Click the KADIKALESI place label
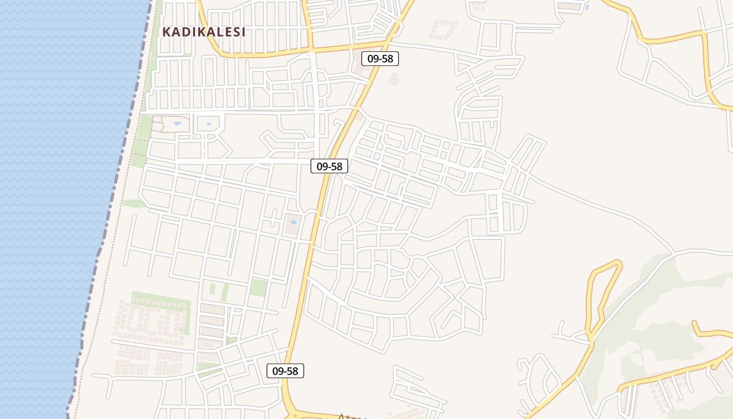point(204,32)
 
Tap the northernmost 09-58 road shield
point(380,59)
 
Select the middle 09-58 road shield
point(329,167)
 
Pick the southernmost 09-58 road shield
point(285,371)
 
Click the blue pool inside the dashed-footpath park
point(177,124)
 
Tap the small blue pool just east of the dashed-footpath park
point(209,124)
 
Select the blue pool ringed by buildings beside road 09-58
point(293,222)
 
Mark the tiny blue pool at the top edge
point(587,7)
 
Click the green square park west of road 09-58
point(259,288)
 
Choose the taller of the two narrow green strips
point(224,292)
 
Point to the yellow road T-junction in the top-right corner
point(704,32)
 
